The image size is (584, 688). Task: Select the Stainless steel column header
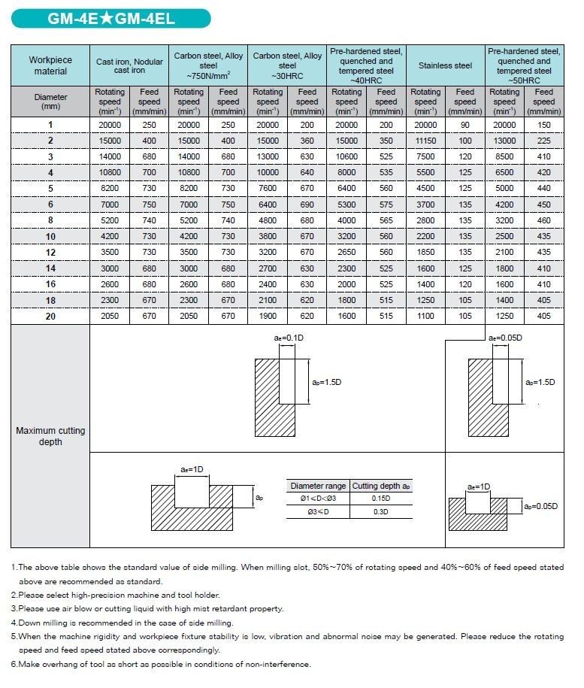point(445,65)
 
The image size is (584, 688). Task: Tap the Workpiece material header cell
point(50,65)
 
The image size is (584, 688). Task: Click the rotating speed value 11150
point(425,141)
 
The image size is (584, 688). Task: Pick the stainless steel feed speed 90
point(465,125)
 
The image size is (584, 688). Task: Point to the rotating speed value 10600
point(346,156)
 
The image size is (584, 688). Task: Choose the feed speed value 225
point(543,141)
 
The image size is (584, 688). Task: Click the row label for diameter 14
point(50,268)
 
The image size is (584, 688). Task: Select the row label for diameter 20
point(50,316)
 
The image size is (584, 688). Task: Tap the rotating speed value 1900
point(268,316)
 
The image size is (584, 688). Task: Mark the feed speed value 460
point(543,220)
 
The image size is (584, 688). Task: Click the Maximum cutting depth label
point(50,436)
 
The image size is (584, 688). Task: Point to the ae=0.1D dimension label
point(288,338)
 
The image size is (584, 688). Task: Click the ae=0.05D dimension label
point(505,338)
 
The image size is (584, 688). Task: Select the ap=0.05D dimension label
point(541,506)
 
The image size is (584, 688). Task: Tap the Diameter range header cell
point(318,486)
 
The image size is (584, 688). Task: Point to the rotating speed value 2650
point(346,252)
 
